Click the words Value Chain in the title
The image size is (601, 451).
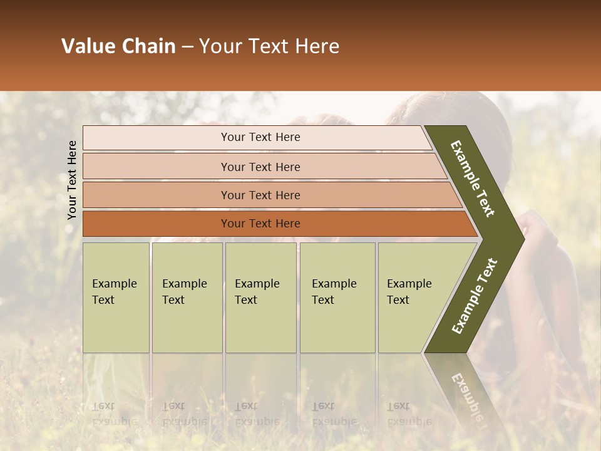118,46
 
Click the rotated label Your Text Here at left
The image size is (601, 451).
72,180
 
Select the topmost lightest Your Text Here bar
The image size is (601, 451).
260,137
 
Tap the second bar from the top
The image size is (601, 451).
260,167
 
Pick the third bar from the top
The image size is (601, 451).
260,195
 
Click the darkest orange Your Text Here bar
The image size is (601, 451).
260,224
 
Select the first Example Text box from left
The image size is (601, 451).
116,298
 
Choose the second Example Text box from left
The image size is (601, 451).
187,298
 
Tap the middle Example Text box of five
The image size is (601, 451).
260,298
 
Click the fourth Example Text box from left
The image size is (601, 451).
337,298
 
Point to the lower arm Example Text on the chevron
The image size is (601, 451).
475,296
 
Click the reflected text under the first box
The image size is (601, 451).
114,414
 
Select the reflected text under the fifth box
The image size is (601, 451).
409,414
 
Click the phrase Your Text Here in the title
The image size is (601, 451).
269,46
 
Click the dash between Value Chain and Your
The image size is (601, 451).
187,47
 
